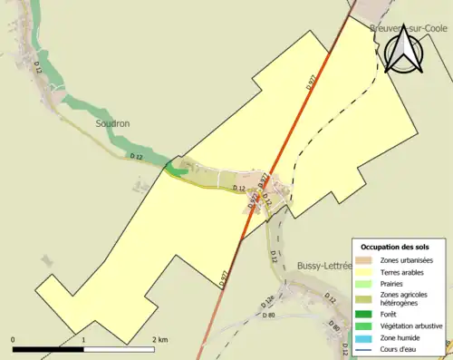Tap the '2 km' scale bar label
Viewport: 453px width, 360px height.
(159, 340)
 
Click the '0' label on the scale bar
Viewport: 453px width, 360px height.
(14, 340)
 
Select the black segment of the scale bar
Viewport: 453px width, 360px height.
(48, 349)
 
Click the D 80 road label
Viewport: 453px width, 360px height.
(268, 315)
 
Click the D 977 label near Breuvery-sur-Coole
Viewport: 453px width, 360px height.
(310, 83)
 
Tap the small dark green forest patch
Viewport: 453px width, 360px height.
(178, 168)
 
